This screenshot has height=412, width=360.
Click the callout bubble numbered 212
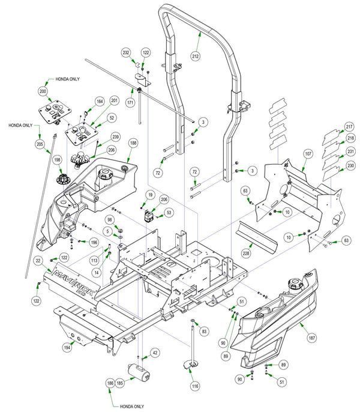pyautogui.click(x=196, y=56)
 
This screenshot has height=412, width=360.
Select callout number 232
pyautogui.click(x=127, y=53)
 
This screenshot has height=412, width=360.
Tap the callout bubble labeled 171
pyautogui.click(x=131, y=102)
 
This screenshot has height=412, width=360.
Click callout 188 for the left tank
pyautogui.click(x=133, y=143)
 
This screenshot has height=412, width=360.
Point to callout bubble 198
pyautogui.click(x=57, y=160)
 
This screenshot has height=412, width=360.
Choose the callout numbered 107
pyautogui.click(x=308, y=154)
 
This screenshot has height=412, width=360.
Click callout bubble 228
pyautogui.click(x=247, y=253)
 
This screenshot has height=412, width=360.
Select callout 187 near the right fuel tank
pyautogui.click(x=311, y=338)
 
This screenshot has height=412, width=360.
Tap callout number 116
pyautogui.click(x=195, y=386)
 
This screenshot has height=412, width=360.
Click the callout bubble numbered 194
pyautogui.click(x=67, y=348)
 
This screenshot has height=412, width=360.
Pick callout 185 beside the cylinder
pyautogui.click(x=119, y=383)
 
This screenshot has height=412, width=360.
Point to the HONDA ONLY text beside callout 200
pyautogui.click(x=67, y=79)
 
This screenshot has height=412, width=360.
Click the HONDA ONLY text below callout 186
pyautogui.click(x=132, y=407)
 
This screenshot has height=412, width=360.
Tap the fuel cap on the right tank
pyautogui.click(x=295, y=283)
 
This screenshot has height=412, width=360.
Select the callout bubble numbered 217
pyautogui.click(x=349, y=127)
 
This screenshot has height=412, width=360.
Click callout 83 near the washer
pyautogui.click(x=204, y=332)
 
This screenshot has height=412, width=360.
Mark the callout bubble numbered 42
pyautogui.click(x=155, y=353)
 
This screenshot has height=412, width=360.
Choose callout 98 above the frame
pyautogui.click(x=110, y=220)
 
